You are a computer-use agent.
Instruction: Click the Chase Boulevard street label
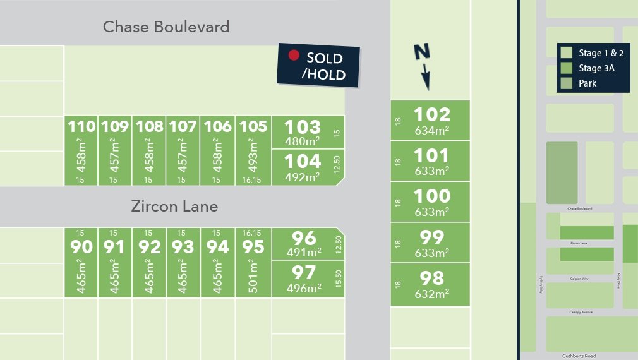click(x=166, y=27)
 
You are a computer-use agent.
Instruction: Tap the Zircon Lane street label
click(x=174, y=207)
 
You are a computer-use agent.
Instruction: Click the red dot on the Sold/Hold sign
click(x=293, y=56)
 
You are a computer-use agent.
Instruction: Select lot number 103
click(x=303, y=126)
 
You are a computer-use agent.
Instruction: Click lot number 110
click(x=82, y=126)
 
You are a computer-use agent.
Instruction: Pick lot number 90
click(x=82, y=246)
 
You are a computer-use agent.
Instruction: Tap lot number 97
click(x=303, y=273)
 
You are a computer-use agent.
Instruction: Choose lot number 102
click(x=432, y=115)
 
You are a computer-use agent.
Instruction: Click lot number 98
click(x=432, y=278)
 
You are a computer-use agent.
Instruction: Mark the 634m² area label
click(x=432, y=131)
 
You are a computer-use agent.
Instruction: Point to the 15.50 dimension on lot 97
click(x=339, y=280)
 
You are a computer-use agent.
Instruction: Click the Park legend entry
click(x=587, y=83)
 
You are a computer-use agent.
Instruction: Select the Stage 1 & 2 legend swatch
click(x=567, y=53)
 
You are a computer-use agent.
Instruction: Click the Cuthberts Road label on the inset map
click(x=579, y=356)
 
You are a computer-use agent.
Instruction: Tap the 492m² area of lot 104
click(x=303, y=177)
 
